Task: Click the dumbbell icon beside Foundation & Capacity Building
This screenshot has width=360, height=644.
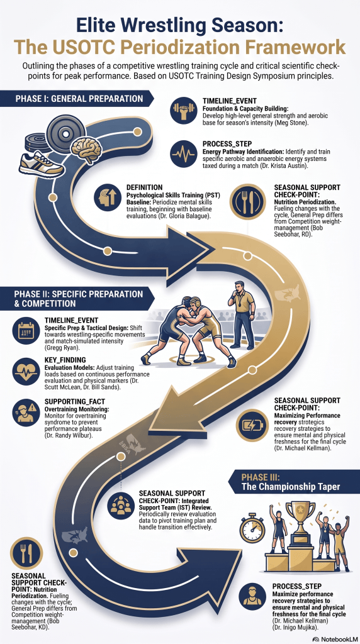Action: point(183,109)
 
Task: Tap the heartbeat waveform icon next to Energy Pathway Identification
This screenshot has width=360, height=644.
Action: point(183,153)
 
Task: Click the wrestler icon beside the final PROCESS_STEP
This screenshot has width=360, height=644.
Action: point(252,597)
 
